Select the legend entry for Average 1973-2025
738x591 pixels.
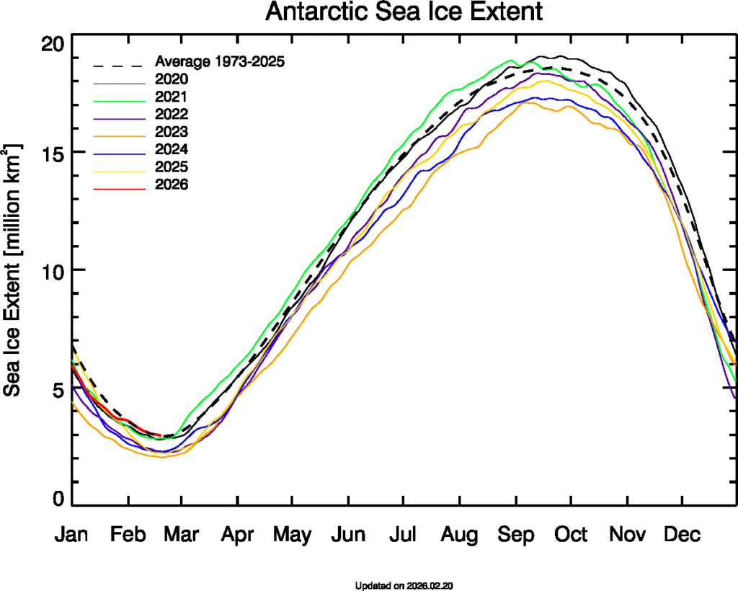(221, 61)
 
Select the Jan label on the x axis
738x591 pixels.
(74, 535)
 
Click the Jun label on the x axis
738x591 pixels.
(349, 535)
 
